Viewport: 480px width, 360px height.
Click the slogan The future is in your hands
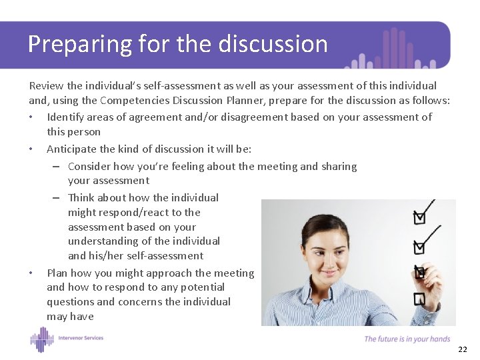(x=407, y=339)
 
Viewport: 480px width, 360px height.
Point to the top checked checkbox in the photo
(x=419, y=217)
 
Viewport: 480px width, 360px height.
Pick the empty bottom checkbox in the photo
(x=419, y=299)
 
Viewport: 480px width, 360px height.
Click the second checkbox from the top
(x=419, y=247)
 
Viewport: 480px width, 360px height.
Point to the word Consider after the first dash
(x=89, y=166)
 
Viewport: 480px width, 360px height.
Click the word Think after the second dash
(x=82, y=197)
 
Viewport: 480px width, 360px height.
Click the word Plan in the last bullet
(x=57, y=273)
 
